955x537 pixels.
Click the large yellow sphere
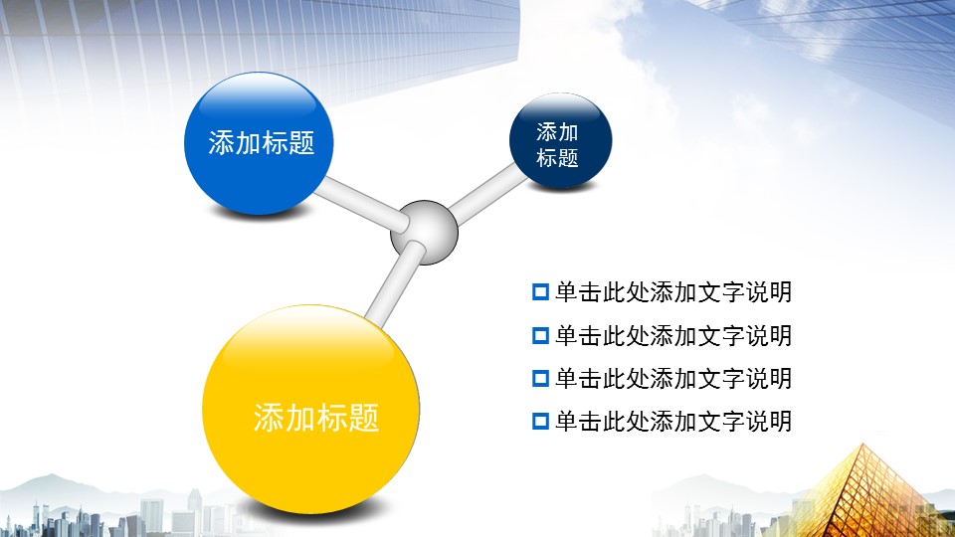pos(310,409)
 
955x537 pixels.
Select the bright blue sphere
pos(259,143)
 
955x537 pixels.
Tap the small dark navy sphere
pos(560,140)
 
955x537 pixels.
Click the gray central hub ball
pos(424,232)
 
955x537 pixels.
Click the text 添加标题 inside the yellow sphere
pos(316,418)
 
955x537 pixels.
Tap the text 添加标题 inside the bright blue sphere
pos(262,142)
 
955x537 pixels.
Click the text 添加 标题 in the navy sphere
pos(557,145)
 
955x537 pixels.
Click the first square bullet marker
pos(540,292)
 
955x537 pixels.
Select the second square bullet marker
pos(540,335)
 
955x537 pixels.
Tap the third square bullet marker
pos(540,379)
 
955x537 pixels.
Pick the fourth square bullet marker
pos(540,422)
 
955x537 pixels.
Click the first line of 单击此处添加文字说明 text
pos(673,292)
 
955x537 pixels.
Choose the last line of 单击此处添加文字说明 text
pos(673,422)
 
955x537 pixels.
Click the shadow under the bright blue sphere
pos(259,211)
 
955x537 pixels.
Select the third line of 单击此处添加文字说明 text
pos(673,379)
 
